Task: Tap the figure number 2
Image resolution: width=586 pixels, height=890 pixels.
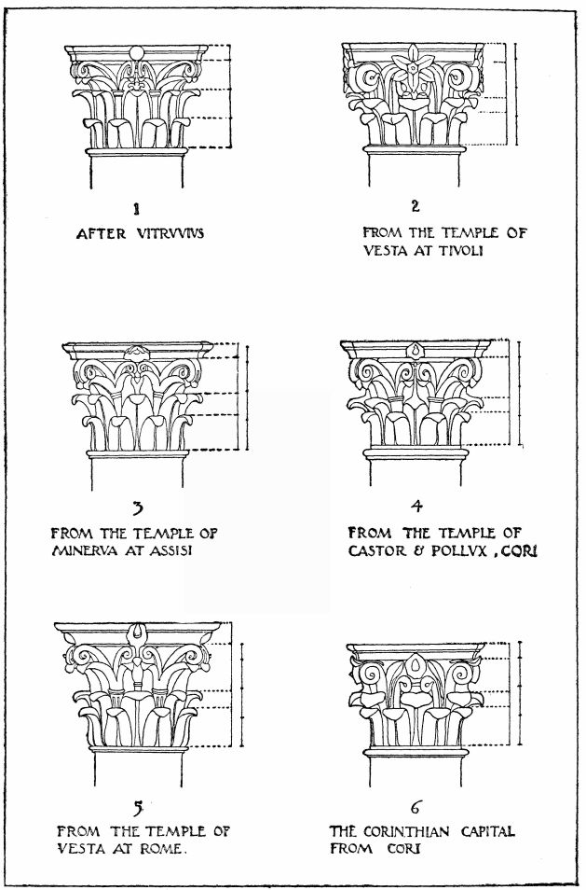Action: point(416,206)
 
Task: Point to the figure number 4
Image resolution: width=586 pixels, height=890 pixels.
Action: point(416,508)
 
